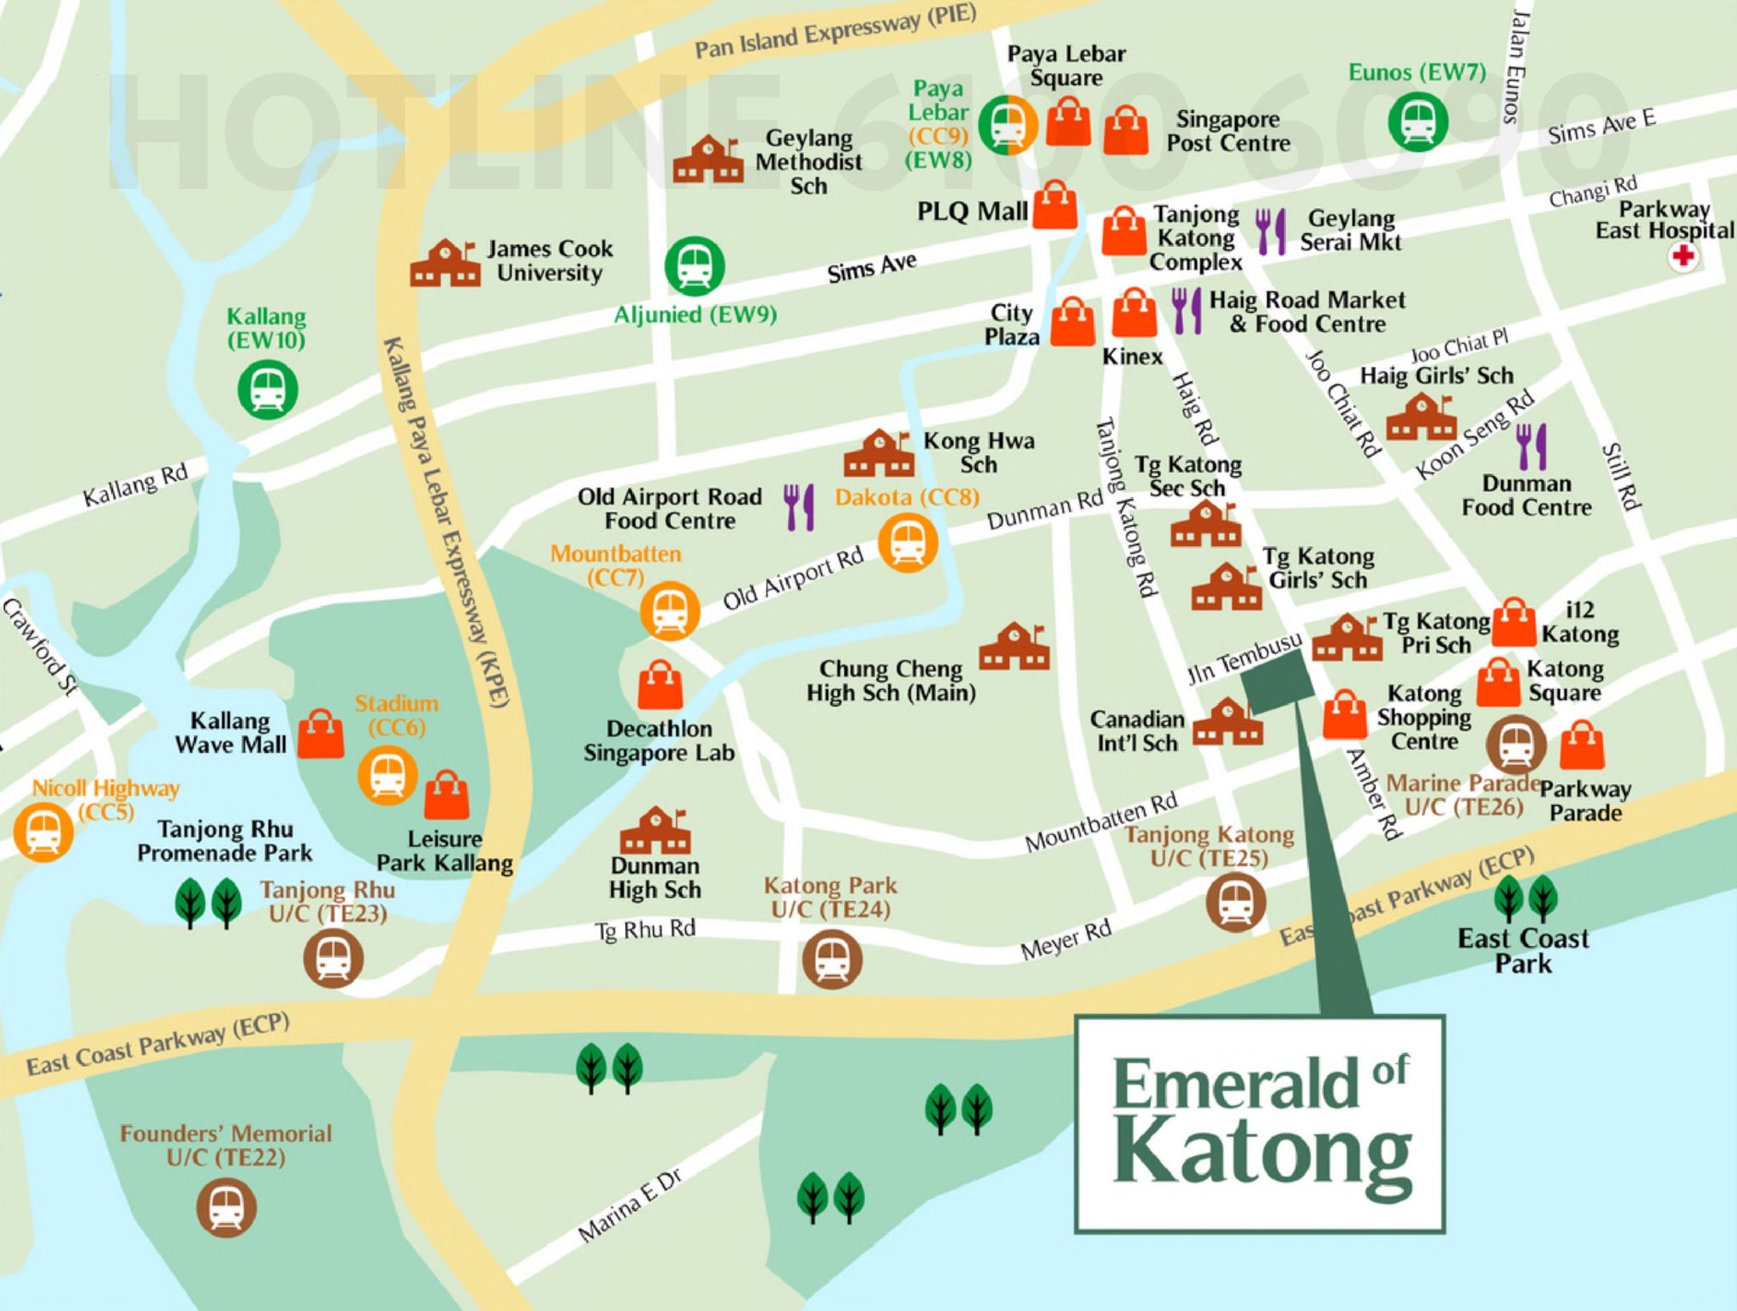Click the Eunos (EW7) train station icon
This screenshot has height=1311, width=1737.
click(x=1417, y=121)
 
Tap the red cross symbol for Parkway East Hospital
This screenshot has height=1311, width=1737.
click(x=1683, y=255)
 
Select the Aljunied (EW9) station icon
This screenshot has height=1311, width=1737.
click(x=695, y=266)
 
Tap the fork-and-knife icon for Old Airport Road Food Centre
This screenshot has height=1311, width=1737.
click(x=799, y=507)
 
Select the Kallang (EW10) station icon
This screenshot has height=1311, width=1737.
click(x=267, y=389)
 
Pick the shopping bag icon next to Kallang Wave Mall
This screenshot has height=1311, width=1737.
click(x=321, y=734)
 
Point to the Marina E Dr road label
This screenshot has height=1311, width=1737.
click(x=629, y=1206)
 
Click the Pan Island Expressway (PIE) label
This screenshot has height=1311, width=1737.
click(x=835, y=31)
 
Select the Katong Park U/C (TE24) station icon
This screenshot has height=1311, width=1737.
click(x=832, y=959)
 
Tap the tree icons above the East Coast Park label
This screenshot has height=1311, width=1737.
click(x=1524, y=899)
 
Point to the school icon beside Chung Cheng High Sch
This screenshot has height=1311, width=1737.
click(x=1014, y=647)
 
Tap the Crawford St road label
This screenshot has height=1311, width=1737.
click(x=39, y=647)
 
